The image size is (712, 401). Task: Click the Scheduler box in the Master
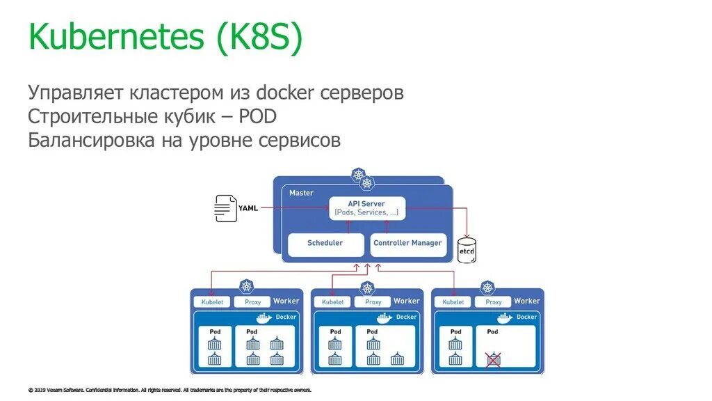coord(325,244)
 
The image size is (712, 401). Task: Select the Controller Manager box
coord(407,244)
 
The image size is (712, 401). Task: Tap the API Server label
coord(366,204)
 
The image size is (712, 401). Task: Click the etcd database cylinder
coord(467,250)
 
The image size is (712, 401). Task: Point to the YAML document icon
coord(225,207)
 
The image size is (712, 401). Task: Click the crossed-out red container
coord(493,359)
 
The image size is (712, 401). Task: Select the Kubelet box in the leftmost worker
coord(212,302)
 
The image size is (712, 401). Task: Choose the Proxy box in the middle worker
coord(373,302)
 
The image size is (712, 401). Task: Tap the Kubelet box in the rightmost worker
coord(453,302)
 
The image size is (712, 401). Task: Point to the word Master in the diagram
coord(301,193)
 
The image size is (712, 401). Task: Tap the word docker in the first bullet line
coord(284,93)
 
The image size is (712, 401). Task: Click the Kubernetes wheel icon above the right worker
coord(487,288)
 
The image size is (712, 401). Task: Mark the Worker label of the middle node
coord(406,301)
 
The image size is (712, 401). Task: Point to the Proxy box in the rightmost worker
coord(494,302)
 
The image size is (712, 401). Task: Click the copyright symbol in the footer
coord(31,390)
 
